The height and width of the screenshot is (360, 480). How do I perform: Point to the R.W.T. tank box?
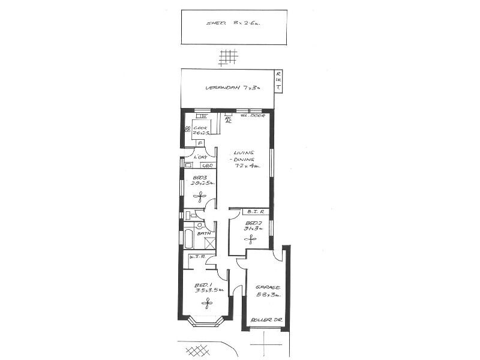(278, 82)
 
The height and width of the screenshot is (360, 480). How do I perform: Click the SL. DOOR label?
(253, 115)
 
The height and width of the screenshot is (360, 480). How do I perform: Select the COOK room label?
(200, 128)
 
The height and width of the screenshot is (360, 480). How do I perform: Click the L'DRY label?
(192, 157)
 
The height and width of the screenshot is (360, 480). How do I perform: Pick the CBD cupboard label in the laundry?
(208, 165)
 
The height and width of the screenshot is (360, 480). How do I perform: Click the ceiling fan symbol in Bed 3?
(200, 196)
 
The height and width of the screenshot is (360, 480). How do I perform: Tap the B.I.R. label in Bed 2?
(254, 212)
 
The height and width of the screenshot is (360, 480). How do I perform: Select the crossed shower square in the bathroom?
(210, 243)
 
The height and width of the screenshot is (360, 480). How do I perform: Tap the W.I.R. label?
(197, 257)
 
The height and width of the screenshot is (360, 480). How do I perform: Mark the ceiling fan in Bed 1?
(208, 304)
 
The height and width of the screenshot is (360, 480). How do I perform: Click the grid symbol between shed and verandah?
(228, 57)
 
